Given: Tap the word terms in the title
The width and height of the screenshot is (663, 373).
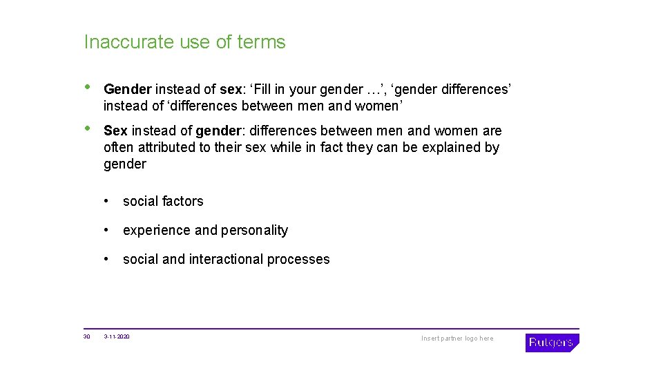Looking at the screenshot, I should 261,42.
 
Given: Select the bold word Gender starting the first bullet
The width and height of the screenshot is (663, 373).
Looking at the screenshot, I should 127,89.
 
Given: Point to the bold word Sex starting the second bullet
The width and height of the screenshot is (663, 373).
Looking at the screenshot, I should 115,131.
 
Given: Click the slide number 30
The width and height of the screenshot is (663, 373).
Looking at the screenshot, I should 86,336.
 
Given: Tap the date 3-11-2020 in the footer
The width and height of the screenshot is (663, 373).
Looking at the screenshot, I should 117,336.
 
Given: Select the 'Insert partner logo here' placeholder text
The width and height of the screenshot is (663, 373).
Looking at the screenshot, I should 457,338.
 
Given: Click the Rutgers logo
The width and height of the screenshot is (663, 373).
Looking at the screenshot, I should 552,343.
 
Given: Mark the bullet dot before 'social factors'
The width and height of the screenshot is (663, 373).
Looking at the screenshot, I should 107,201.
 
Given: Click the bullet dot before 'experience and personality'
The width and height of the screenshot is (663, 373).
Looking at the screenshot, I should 107,230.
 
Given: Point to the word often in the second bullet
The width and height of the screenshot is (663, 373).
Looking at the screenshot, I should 118,147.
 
